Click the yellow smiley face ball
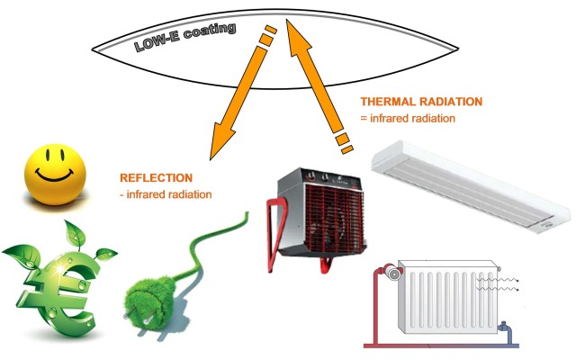tap(55, 174)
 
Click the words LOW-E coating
tap(184, 37)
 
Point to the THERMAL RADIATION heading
tap(421, 102)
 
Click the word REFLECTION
tap(156, 178)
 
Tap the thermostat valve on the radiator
tap(392, 274)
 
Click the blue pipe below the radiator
tap(508, 335)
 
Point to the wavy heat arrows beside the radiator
tap(498, 285)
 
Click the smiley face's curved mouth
tap(54, 176)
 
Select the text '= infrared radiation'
tap(408, 118)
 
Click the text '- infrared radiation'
tap(166, 194)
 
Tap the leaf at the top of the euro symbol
tap(75, 234)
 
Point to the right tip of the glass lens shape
tap(458, 49)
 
